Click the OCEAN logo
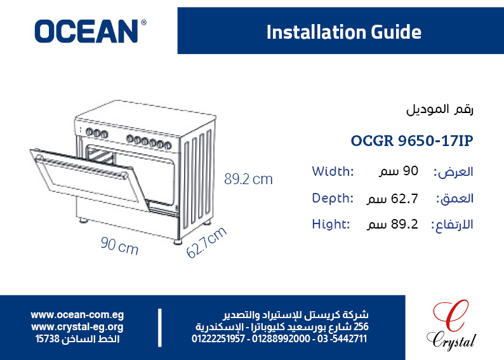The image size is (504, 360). click(90, 31)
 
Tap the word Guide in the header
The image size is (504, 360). click(395, 32)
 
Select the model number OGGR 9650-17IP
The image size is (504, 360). click(412, 141)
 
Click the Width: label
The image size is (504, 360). click(333, 171)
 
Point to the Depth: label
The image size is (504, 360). click(333, 198)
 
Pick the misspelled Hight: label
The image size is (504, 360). click(331, 224)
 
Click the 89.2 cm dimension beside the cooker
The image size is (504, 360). click(248, 179)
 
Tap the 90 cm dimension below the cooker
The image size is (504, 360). click(119, 246)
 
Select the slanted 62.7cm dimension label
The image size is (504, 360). click(206, 242)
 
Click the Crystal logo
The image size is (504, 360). click(451, 324)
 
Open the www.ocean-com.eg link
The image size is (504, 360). click(77, 315)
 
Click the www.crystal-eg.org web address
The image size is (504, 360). click(77, 327)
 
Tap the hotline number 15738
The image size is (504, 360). click(47, 339)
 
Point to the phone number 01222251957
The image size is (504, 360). click(218, 339)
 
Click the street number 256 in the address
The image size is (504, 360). click(361, 327)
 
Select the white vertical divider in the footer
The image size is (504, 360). click(160, 328)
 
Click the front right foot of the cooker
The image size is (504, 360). click(178, 241)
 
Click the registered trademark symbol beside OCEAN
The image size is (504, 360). click(143, 22)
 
